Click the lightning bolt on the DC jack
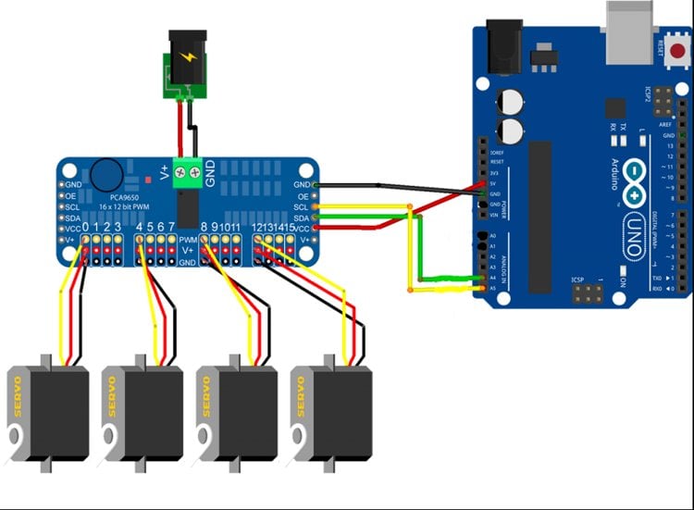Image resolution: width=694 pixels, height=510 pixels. pos(190,57)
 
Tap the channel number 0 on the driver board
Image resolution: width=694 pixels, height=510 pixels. pos(85,227)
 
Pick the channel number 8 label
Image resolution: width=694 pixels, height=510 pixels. pos(204,227)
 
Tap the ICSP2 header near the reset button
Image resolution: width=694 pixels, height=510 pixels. pos(663,96)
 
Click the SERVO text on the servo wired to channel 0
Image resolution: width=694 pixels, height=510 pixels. pos(17,395)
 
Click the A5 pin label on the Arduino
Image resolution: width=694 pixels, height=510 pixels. pos(494,288)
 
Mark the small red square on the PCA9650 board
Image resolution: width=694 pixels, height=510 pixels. pos(147,175)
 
